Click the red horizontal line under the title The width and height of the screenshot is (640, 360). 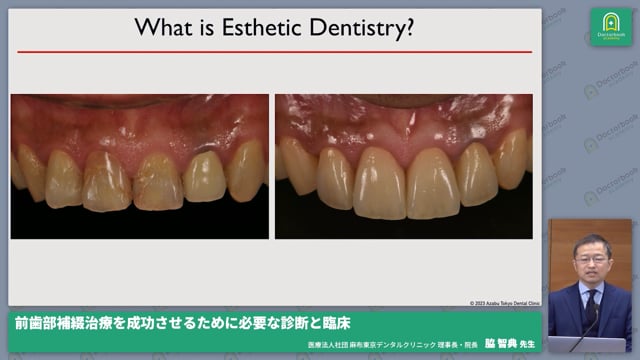click(x=274, y=52)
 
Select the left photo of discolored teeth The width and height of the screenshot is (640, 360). click(x=140, y=166)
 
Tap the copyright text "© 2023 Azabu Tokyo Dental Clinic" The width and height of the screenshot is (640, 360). click(x=504, y=303)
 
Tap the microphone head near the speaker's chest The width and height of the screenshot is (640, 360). click(x=585, y=316)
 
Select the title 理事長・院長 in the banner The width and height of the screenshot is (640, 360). click(x=450, y=344)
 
